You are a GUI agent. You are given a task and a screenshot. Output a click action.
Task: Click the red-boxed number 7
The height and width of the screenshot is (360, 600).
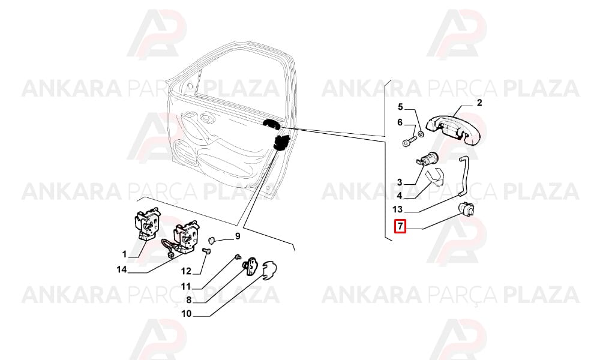click(400, 226)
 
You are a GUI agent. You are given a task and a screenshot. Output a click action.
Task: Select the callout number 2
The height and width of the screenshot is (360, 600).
click(479, 103)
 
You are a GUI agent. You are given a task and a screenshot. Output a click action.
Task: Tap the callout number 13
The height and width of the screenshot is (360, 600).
click(398, 209)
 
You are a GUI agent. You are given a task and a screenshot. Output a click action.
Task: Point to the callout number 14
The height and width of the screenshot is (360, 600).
click(122, 270)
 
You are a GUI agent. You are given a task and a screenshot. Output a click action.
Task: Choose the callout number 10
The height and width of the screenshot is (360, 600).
click(187, 314)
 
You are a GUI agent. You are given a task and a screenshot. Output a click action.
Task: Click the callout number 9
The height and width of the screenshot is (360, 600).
click(238, 236)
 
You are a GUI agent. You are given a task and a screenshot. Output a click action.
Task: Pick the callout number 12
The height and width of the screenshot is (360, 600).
click(186, 271)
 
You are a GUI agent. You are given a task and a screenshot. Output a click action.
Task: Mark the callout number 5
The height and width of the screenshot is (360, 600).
click(400, 107)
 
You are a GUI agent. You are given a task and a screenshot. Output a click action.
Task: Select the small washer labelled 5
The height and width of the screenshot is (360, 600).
click(421, 134)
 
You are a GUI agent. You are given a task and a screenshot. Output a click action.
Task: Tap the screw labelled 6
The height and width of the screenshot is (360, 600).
click(409, 141)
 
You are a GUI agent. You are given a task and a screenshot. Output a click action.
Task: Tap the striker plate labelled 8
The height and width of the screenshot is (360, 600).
click(251, 265)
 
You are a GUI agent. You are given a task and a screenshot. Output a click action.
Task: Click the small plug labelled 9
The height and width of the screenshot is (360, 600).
click(212, 240)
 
